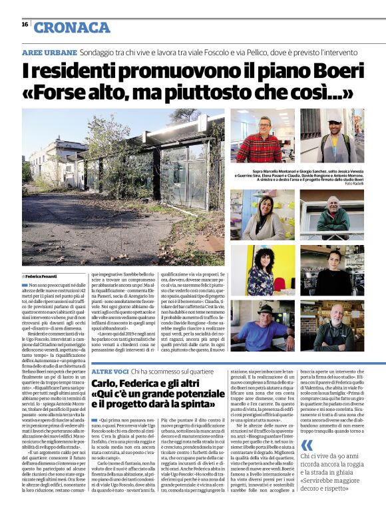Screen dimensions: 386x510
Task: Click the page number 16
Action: (24, 24)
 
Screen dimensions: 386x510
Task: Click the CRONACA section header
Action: (72, 27)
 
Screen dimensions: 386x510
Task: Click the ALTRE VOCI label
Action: (108, 370)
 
